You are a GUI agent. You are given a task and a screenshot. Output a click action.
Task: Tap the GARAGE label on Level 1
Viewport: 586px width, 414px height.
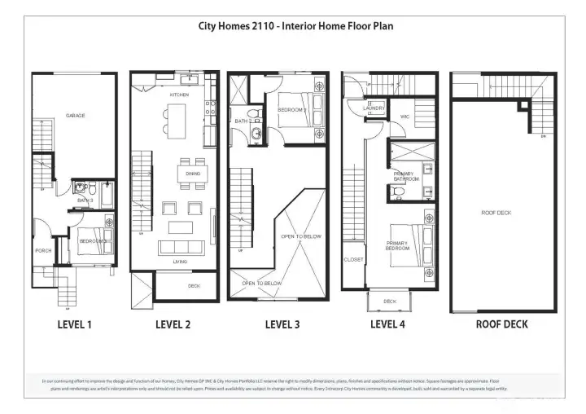pos(75,116)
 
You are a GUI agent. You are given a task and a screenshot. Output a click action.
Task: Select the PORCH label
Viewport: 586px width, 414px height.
pos(43,251)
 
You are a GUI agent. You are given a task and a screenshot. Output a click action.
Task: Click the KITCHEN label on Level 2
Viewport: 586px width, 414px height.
pos(179,95)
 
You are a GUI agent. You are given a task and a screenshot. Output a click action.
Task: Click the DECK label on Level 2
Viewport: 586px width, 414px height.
pos(194,286)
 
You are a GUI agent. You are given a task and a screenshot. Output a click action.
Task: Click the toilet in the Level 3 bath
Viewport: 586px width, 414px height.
pos(253,113)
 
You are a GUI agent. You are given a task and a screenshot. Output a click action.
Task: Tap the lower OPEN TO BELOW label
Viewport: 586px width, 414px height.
pos(262,283)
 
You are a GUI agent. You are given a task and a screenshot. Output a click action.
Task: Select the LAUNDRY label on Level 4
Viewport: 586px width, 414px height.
pos(374,108)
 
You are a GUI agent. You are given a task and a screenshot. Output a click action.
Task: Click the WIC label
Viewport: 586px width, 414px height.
pos(405,117)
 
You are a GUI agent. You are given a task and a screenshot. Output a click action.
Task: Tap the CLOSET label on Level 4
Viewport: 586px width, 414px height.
pos(353,260)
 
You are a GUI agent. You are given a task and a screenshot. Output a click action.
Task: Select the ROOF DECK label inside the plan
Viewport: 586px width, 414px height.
pos(495,213)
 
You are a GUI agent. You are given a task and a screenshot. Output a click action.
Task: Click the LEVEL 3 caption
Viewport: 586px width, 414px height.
pos(282,324)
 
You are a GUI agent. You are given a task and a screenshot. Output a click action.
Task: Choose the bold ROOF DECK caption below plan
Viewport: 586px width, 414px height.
pos(501,324)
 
